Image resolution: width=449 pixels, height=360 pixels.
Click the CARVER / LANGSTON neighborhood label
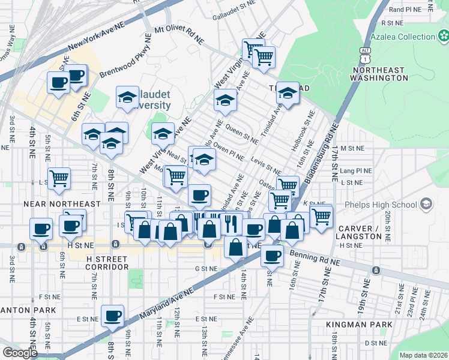pos(359,233)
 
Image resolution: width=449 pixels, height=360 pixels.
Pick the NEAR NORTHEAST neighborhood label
pos(62,204)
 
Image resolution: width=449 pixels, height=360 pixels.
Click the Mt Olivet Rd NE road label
pos(179,35)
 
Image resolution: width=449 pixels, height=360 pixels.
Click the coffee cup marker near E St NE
pos(112,316)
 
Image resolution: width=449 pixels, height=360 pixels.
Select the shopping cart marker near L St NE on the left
pos(59,178)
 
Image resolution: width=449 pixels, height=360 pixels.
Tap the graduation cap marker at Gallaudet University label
pos(127,98)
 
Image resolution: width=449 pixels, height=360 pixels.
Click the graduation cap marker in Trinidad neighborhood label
pos(288,93)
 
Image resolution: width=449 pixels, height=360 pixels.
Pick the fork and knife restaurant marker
pos(231,224)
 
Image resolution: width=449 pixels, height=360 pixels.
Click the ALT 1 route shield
pos(364,56)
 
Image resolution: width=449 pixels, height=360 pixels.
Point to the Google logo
pos(20,353)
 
